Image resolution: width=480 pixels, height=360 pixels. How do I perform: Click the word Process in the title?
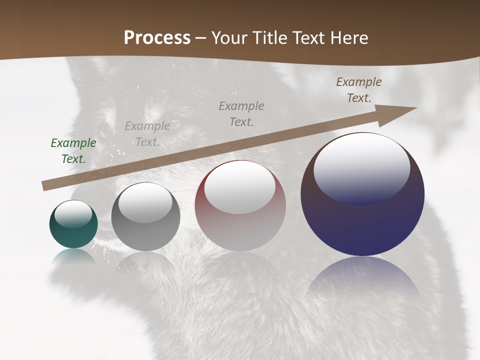click(157, 37)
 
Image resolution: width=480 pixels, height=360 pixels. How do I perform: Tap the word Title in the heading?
click(268, 38)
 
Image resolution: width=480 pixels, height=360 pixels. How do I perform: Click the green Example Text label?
click(73, 151)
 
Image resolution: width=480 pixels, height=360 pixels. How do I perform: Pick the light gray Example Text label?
click(147, 133)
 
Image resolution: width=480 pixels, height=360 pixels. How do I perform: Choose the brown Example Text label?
click(359, 90)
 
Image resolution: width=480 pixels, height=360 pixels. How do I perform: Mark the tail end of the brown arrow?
click(45, 185)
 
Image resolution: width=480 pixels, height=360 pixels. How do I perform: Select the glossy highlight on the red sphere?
click(240, 186)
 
